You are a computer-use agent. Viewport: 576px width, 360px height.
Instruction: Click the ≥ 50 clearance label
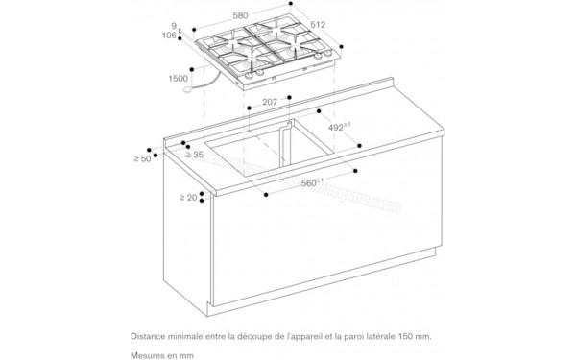click(x=143, y=157)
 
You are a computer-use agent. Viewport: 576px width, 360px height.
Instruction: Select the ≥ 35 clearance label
click(x=193, y=153)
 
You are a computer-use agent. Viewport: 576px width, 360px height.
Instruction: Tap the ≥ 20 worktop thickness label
click(x=188, y=197)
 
